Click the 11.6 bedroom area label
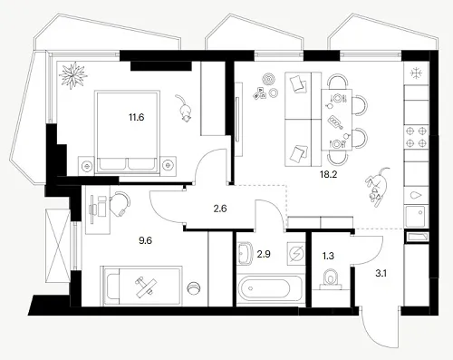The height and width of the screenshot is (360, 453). click(x=137, y=117)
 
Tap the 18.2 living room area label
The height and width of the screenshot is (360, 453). click(x=328, y=174)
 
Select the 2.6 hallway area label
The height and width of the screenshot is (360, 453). click(x=220, y=209)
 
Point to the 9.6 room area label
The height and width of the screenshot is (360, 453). click(x=145, y=240)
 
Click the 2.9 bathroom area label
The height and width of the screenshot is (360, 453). click(x=264, y=254)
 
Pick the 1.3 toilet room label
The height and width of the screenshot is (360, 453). click(x=328, y=257)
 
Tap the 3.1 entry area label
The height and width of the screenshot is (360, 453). click(x=381, y=274)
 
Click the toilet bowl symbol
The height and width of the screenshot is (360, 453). click(x=331, y=278)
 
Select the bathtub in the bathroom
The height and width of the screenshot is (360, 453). click(x=269, y=288)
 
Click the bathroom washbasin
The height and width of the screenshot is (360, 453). click(x=246, y=254)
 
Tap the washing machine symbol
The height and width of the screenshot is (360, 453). click(x=296, y=252)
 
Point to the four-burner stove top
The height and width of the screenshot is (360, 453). click(x=417, y=137)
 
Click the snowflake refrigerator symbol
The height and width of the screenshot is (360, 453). click(x=417, y=73)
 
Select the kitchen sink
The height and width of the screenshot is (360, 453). click(x=416, y=216)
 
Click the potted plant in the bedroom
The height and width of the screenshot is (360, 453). click(x=72, y=75)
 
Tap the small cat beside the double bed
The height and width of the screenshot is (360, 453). click(x=184, y=108)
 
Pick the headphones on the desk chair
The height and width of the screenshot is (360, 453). click(x=120, y=202)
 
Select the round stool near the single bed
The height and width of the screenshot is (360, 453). click(x=194, y=288)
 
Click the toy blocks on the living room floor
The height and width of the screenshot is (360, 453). click(x=260, y=93)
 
